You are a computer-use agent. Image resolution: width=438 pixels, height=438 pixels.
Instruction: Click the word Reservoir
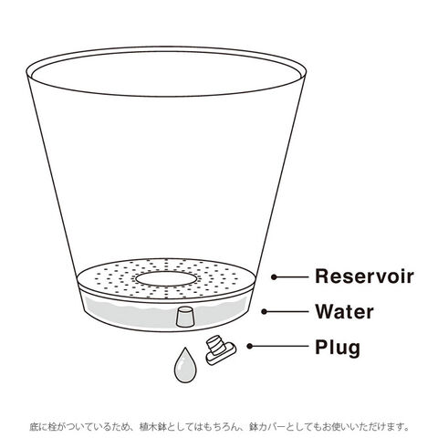(364, 276)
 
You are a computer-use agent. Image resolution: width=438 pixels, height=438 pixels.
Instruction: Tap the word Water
(344, 311)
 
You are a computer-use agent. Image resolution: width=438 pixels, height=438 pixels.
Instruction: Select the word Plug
(338, 348)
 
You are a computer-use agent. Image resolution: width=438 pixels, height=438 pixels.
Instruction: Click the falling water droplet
(184, 365)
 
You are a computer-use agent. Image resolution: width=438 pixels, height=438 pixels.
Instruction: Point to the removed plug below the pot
(220, 349)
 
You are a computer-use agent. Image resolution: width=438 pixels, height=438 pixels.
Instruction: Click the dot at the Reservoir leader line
(274, 276)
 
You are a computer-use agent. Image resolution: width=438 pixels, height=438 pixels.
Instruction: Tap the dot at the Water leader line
(264, 311)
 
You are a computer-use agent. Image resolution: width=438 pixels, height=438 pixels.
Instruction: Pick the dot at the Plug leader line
(250, 346)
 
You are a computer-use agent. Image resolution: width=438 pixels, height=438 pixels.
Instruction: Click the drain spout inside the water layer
(184, 318)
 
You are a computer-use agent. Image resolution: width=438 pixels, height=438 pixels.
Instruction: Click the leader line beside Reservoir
(291, 276)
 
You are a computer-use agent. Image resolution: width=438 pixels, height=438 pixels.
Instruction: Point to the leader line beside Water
(287, 311)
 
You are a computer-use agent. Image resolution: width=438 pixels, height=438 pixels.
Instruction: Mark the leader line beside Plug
(279, 346)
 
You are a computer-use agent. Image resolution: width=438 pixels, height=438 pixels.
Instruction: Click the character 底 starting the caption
(35, 426)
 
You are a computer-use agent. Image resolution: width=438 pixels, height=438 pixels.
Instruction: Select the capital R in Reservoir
(322, 276)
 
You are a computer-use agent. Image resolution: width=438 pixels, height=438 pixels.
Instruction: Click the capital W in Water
(325, 311)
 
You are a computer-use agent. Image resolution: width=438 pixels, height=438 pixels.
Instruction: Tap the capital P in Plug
(321, 347)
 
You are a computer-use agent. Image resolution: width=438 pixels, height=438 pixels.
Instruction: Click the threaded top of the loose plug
(215, 343)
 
